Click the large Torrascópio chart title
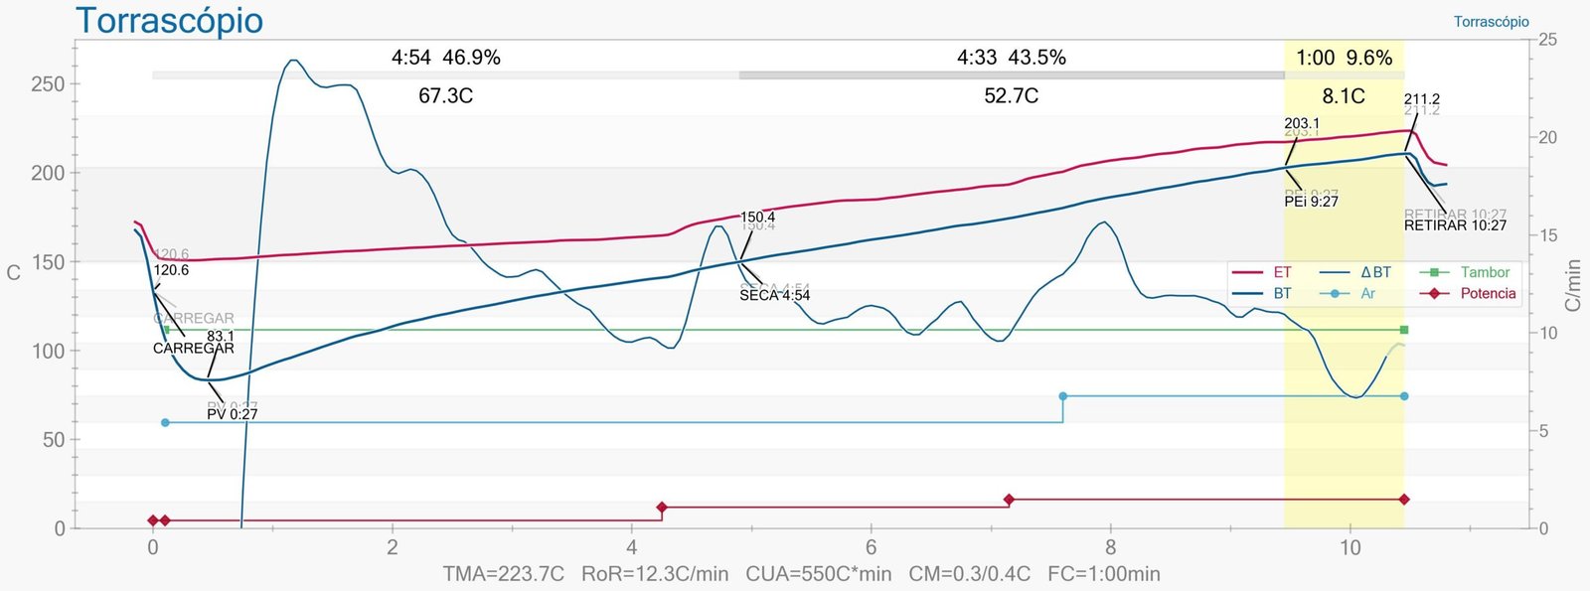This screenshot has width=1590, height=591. tap(170, 20)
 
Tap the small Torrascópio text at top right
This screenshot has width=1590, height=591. tap(1491, 22)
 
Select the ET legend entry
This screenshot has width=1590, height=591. tap(1282, 272)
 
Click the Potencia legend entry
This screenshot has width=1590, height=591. tap(1488, 293)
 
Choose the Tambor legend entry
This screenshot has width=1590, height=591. tap(1485, 272)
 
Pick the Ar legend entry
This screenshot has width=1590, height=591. tap(1367, 293)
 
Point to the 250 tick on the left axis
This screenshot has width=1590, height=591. tap(48, 84)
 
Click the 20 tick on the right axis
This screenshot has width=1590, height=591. tap(1547, 137)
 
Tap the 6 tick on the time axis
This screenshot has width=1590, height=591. tap(872, 547)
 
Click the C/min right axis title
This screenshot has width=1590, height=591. tap(1572, 285)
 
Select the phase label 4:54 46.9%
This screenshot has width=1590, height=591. tap(446, 58)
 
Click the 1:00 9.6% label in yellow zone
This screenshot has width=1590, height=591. tap(1344, 58)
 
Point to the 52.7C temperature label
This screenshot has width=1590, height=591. tap(1011, 95)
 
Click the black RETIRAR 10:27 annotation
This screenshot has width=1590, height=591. tap(1455, 225)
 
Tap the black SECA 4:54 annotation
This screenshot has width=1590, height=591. tap(774, 295)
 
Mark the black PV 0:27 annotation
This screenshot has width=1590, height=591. tap(233, 414)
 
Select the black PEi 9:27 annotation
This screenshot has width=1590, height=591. tap(1311, 202)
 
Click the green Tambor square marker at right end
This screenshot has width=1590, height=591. tap(1404, 330)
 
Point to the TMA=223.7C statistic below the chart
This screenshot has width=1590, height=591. tap(503, 574)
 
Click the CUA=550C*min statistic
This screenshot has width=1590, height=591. tap(818, 574)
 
